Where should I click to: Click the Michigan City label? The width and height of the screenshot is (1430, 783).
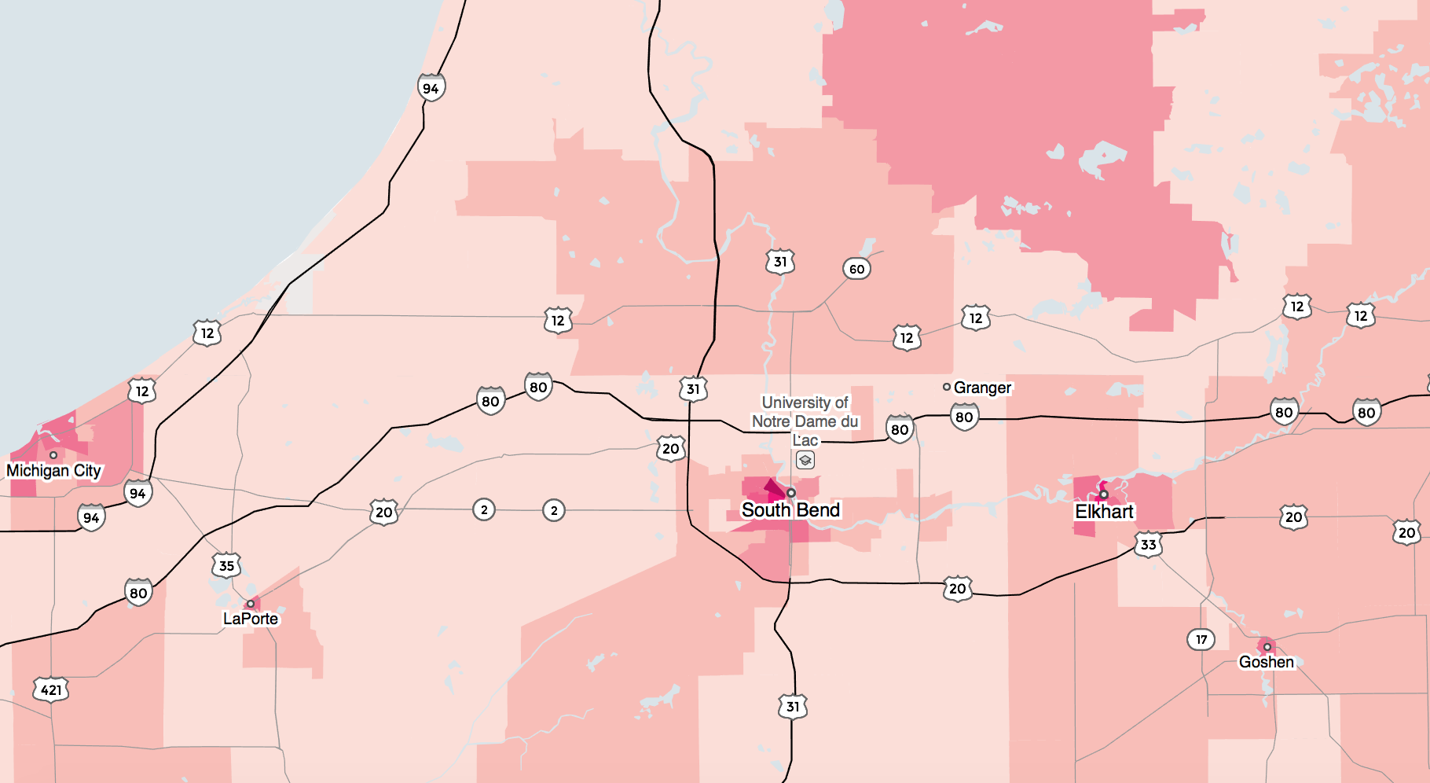click(53, 471)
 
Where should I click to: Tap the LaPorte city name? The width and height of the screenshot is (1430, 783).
click(251, 619)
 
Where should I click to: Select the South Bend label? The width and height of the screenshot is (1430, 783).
click(790, 510)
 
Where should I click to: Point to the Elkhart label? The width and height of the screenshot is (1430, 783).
click(1104, 512)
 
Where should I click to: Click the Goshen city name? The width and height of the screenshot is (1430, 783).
click(1266, 662)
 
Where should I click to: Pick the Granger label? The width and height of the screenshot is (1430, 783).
click(982, 388)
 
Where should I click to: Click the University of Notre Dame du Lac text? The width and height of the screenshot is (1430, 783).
click(805, 421)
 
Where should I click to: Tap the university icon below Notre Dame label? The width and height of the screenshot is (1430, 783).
click(805, 460)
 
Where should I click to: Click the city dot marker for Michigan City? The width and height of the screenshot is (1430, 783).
click(53, 455)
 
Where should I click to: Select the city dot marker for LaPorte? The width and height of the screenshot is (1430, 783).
click(251, 604)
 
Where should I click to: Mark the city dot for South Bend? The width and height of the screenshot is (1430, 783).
click(791, 493)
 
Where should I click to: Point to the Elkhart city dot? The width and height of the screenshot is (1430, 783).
click(1104, 494)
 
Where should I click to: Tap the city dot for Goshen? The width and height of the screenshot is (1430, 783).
click(1267, 647)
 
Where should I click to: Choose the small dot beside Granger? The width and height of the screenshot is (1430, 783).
click(947, 387)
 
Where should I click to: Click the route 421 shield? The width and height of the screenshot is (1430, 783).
click(51, 690)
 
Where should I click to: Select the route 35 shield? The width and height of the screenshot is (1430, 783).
click(226, 565)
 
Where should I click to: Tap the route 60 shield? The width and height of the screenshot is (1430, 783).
click(856, 269)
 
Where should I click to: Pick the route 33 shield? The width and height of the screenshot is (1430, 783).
click(1148, 544)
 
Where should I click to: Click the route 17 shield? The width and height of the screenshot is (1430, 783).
click(1201, 639)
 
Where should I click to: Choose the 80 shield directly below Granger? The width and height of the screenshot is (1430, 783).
click(964, 417)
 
